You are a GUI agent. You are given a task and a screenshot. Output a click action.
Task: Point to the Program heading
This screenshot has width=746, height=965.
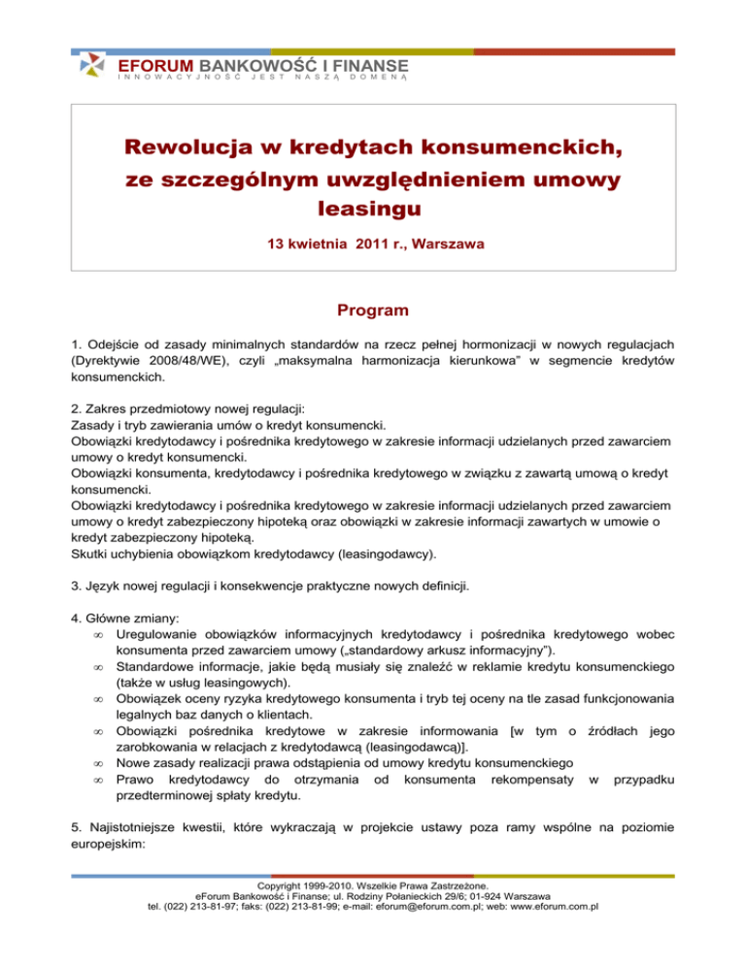point(372,313)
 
